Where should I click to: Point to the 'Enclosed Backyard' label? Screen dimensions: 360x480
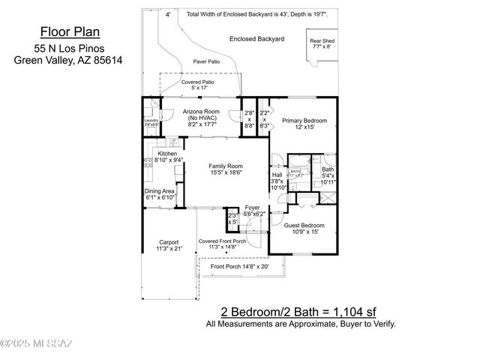[257, 38]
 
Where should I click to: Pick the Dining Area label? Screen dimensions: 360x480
[159, 193]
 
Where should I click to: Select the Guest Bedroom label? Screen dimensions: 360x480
[304, 228]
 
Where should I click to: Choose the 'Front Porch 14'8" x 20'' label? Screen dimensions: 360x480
[239, 266]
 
